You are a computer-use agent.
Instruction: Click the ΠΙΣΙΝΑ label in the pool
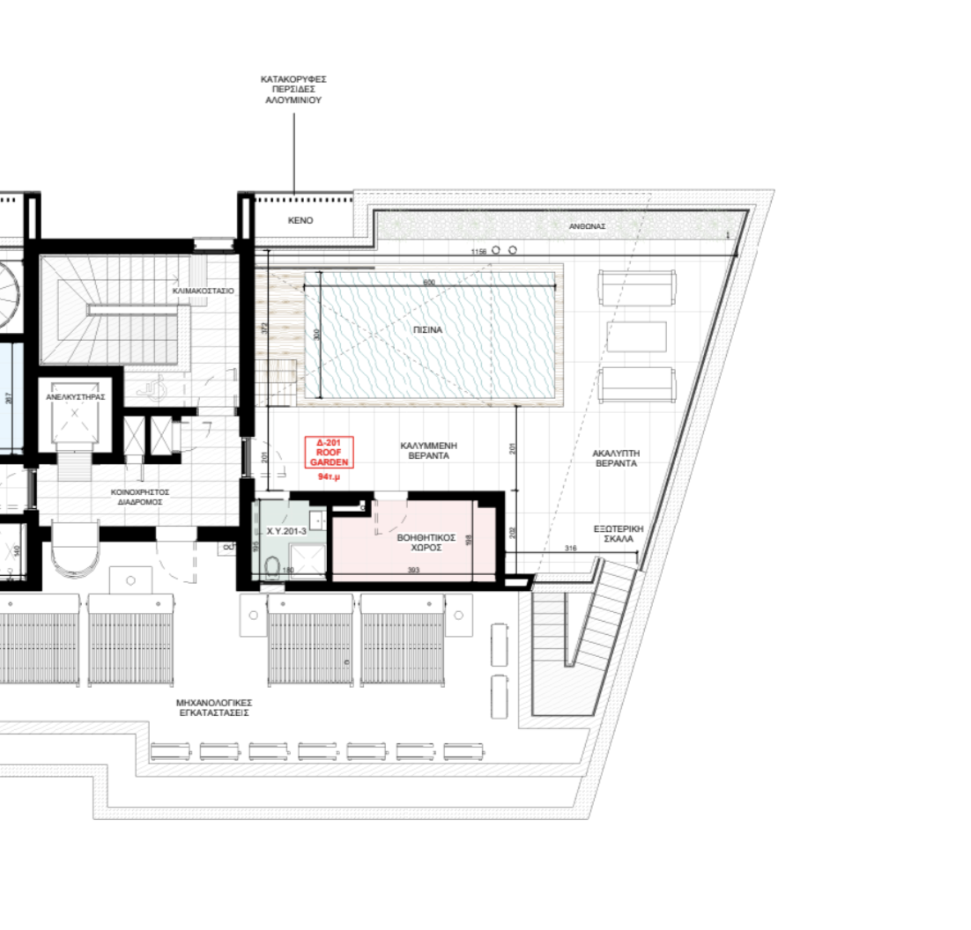coord(428,329)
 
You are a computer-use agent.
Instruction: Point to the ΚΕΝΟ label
coord(300,220)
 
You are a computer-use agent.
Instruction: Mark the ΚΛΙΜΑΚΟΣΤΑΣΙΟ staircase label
coord(204,290)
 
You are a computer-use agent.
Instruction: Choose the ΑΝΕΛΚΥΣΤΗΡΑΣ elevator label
coord(76,397)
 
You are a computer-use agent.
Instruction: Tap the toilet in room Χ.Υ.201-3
coord(271,565)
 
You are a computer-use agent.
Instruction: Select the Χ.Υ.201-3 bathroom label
coord(285,532)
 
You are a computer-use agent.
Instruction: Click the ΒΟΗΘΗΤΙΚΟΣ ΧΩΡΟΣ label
coord(419,541)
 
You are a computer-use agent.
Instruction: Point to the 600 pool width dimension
coord(429,282)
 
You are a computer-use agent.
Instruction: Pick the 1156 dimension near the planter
coord(478,252)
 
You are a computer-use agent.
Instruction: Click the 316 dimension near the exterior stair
coord(569,549)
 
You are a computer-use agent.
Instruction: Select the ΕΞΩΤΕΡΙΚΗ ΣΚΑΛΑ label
coord(619,532)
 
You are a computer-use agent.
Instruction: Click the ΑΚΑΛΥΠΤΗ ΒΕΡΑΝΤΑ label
coord(616,457)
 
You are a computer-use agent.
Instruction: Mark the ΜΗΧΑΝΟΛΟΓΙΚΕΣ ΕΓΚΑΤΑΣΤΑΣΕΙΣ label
coord(215,707)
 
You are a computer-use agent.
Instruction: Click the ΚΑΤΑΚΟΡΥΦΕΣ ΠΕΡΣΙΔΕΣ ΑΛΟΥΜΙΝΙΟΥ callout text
coord(293,90)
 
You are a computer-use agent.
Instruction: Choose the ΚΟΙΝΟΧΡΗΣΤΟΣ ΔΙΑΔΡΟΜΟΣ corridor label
coord(140,497)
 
